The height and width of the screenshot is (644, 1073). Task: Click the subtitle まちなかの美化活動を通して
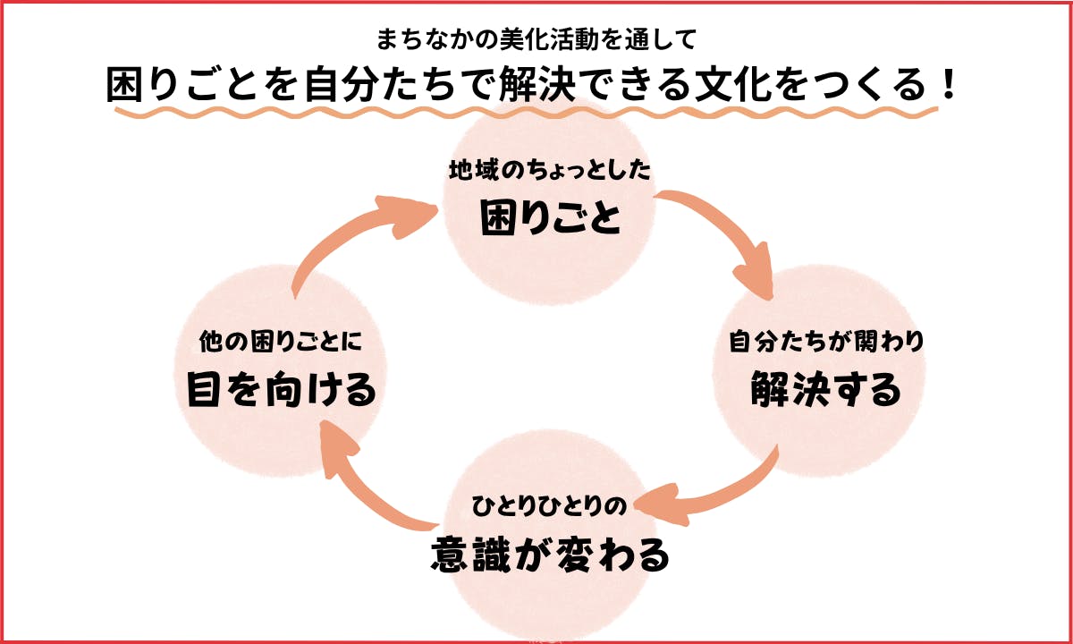coord(536,39)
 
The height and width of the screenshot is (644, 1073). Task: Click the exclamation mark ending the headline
coord(948,86)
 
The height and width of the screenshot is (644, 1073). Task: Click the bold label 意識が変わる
coord(549,555)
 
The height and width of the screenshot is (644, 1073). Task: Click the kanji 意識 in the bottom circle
coord(479,555)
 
